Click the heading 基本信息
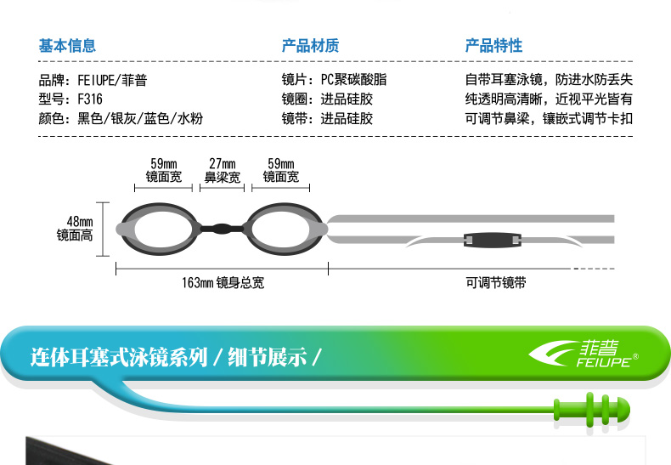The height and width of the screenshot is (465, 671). [x=67, y=46]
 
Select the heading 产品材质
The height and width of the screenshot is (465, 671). [x=310, y=46]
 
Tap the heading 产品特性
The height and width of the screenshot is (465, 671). [x=493, y=46]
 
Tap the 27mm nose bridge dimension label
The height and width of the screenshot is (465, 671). [x=223, y=170]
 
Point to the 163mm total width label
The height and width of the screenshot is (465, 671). [x=223, y=282]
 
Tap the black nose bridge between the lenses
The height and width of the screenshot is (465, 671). [x=222, y=228]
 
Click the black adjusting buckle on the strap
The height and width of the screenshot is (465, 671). [x=493, y=240]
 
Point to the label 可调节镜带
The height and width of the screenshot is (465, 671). [x=496, y=282]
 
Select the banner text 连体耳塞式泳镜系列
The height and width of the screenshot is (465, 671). [x=119, y=355]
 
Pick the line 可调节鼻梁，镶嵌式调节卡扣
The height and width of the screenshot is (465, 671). [x=549, y=119]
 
